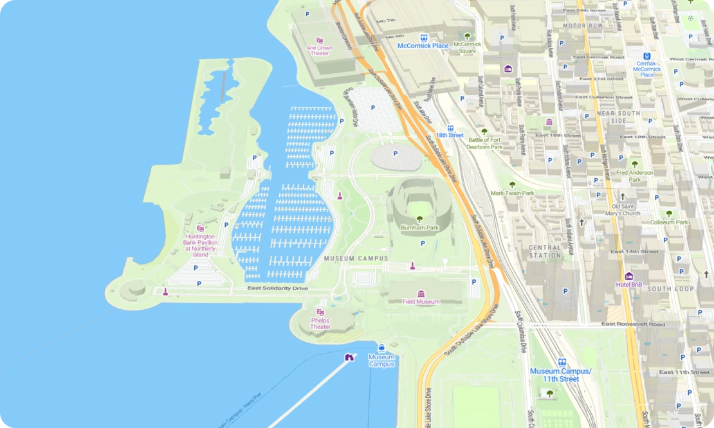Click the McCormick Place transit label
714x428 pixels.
point(423,46)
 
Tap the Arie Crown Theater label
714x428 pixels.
point(320,50)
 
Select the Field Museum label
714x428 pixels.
point(421,301)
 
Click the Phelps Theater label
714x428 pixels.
point(320,323)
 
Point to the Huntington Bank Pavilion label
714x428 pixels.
point(201,245)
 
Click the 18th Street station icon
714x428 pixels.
point(450,128)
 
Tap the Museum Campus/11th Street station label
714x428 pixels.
point(560,375)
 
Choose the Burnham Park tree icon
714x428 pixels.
point(420,219)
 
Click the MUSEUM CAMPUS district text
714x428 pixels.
point(356,258)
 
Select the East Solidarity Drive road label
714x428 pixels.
point(278,289)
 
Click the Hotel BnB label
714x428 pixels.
point(629,284)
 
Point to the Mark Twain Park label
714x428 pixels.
point(513,193)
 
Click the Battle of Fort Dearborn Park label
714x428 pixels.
point(485,143)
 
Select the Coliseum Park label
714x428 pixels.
point(669,222)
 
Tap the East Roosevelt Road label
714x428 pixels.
point(633,325)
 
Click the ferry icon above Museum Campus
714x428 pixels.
point(381,347)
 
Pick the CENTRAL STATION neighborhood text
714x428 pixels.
point(545,251)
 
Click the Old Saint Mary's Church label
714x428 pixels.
point(622,210)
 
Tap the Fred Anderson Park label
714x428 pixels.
point(635,175)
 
